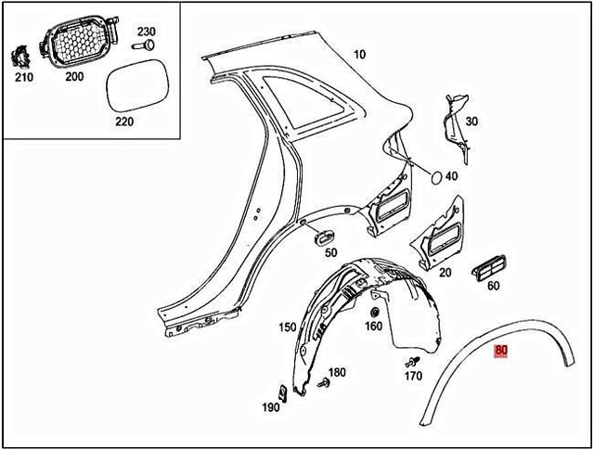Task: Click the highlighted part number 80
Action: click(502, 351)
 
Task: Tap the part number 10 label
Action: click(359, 56)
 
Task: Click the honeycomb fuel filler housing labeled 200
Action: click(75, 41)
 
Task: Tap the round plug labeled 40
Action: click(433, 175)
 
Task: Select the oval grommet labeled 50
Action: click(325, 237)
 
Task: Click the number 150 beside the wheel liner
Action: click(287, 327)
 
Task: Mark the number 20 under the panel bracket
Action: click(445, 272)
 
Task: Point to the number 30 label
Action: click(471, 122)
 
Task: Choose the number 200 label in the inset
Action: click(74, 77)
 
